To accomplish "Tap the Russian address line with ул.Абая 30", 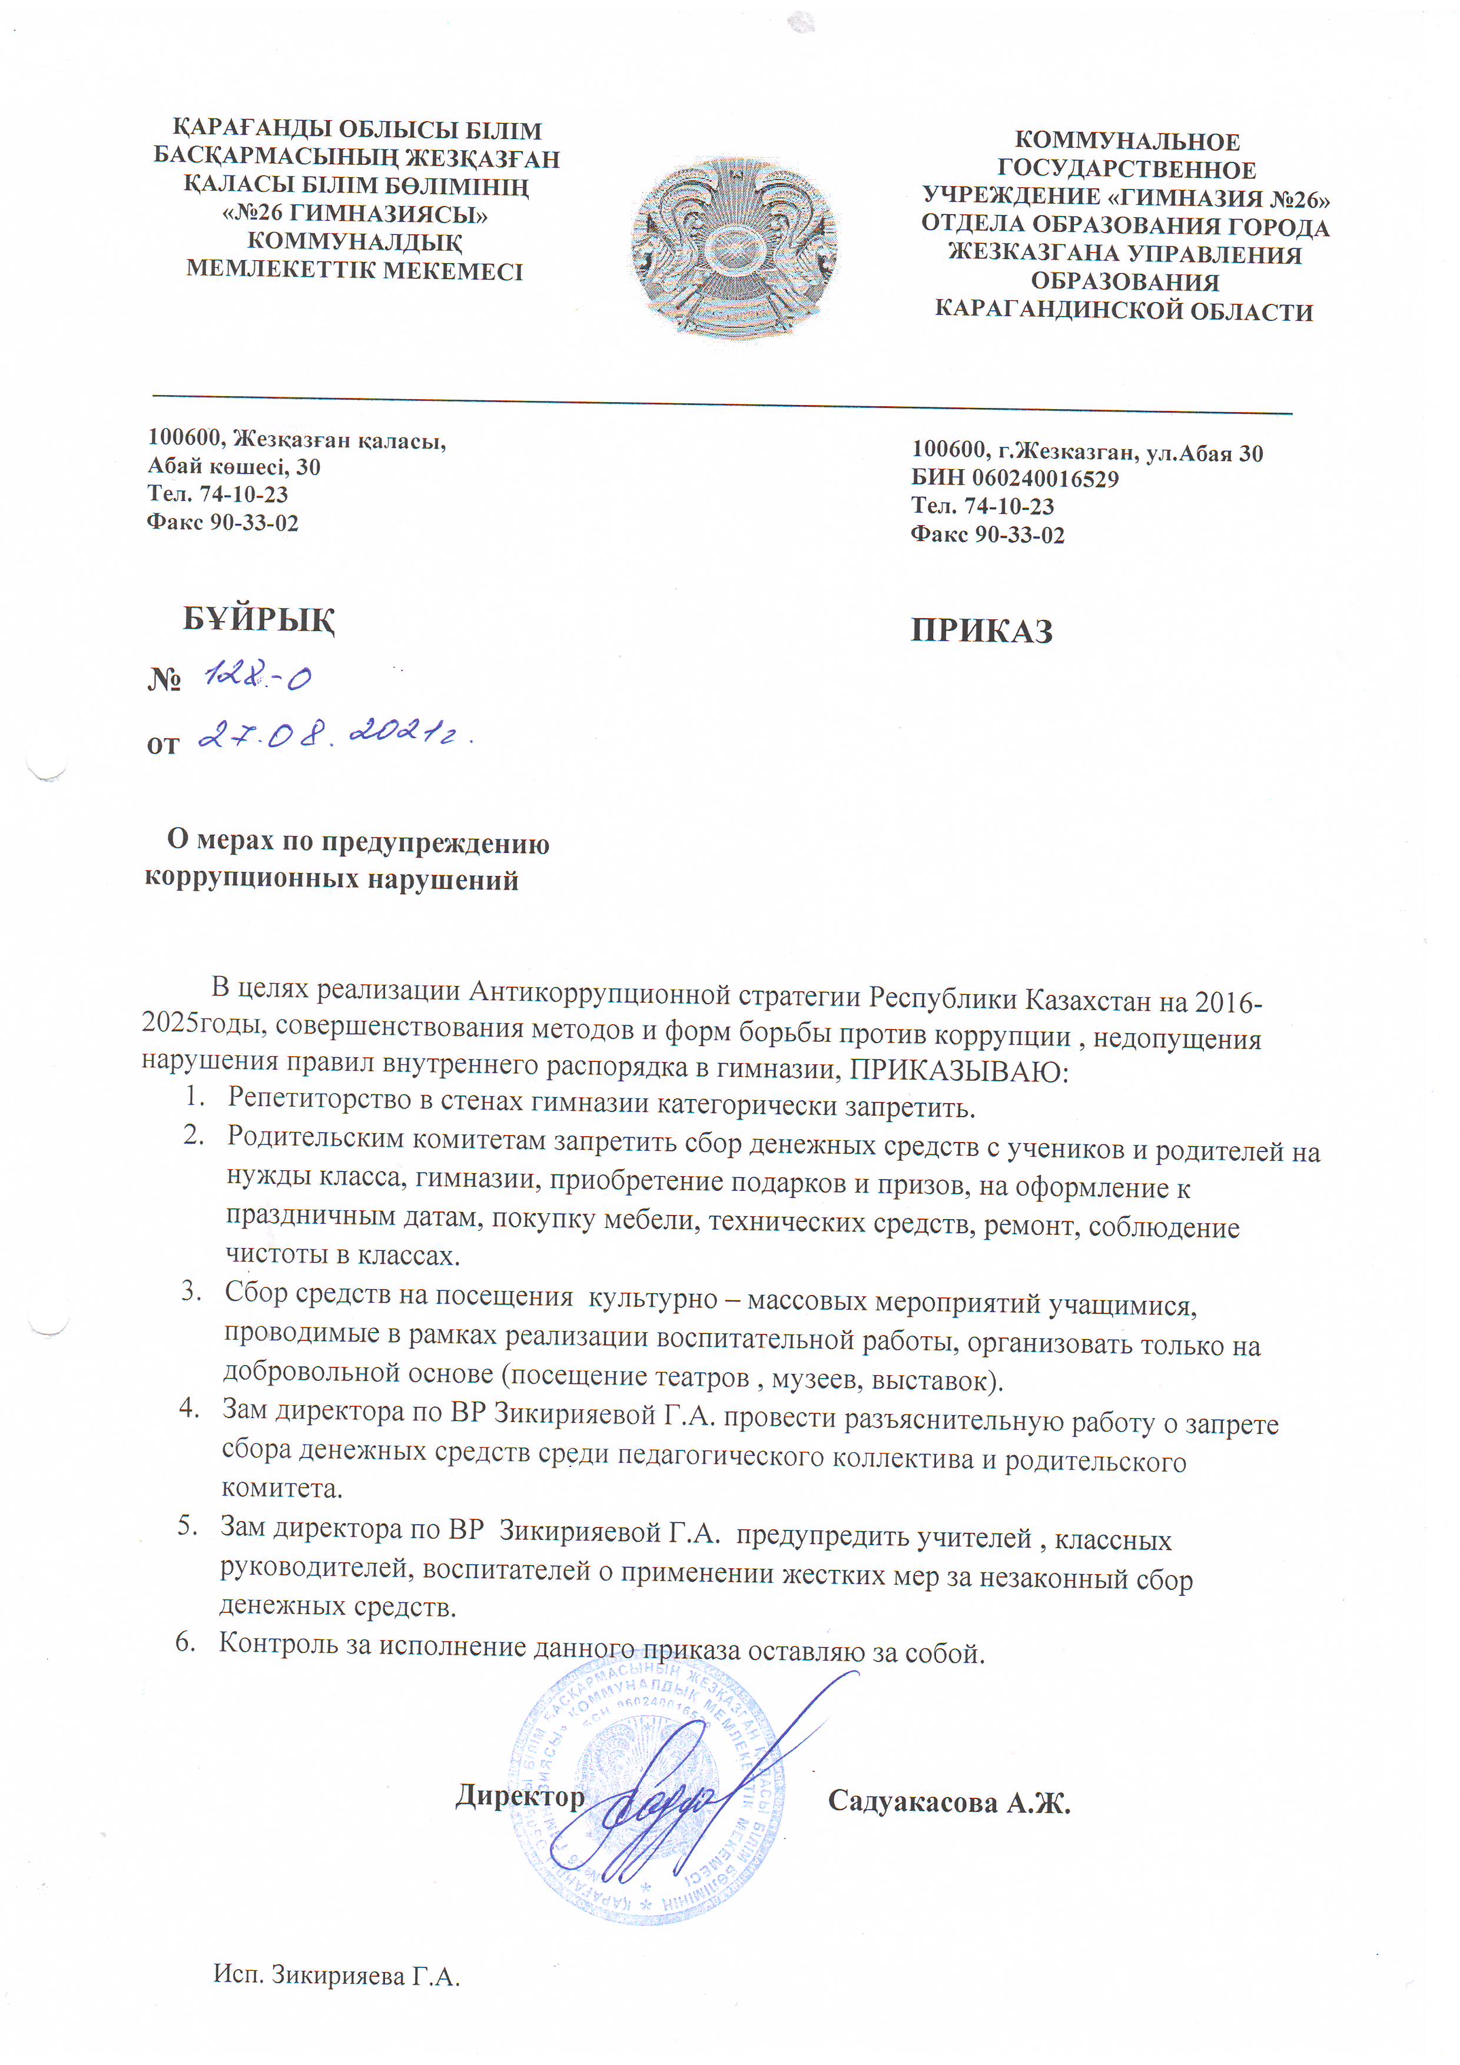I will [x=1087, y=453].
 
